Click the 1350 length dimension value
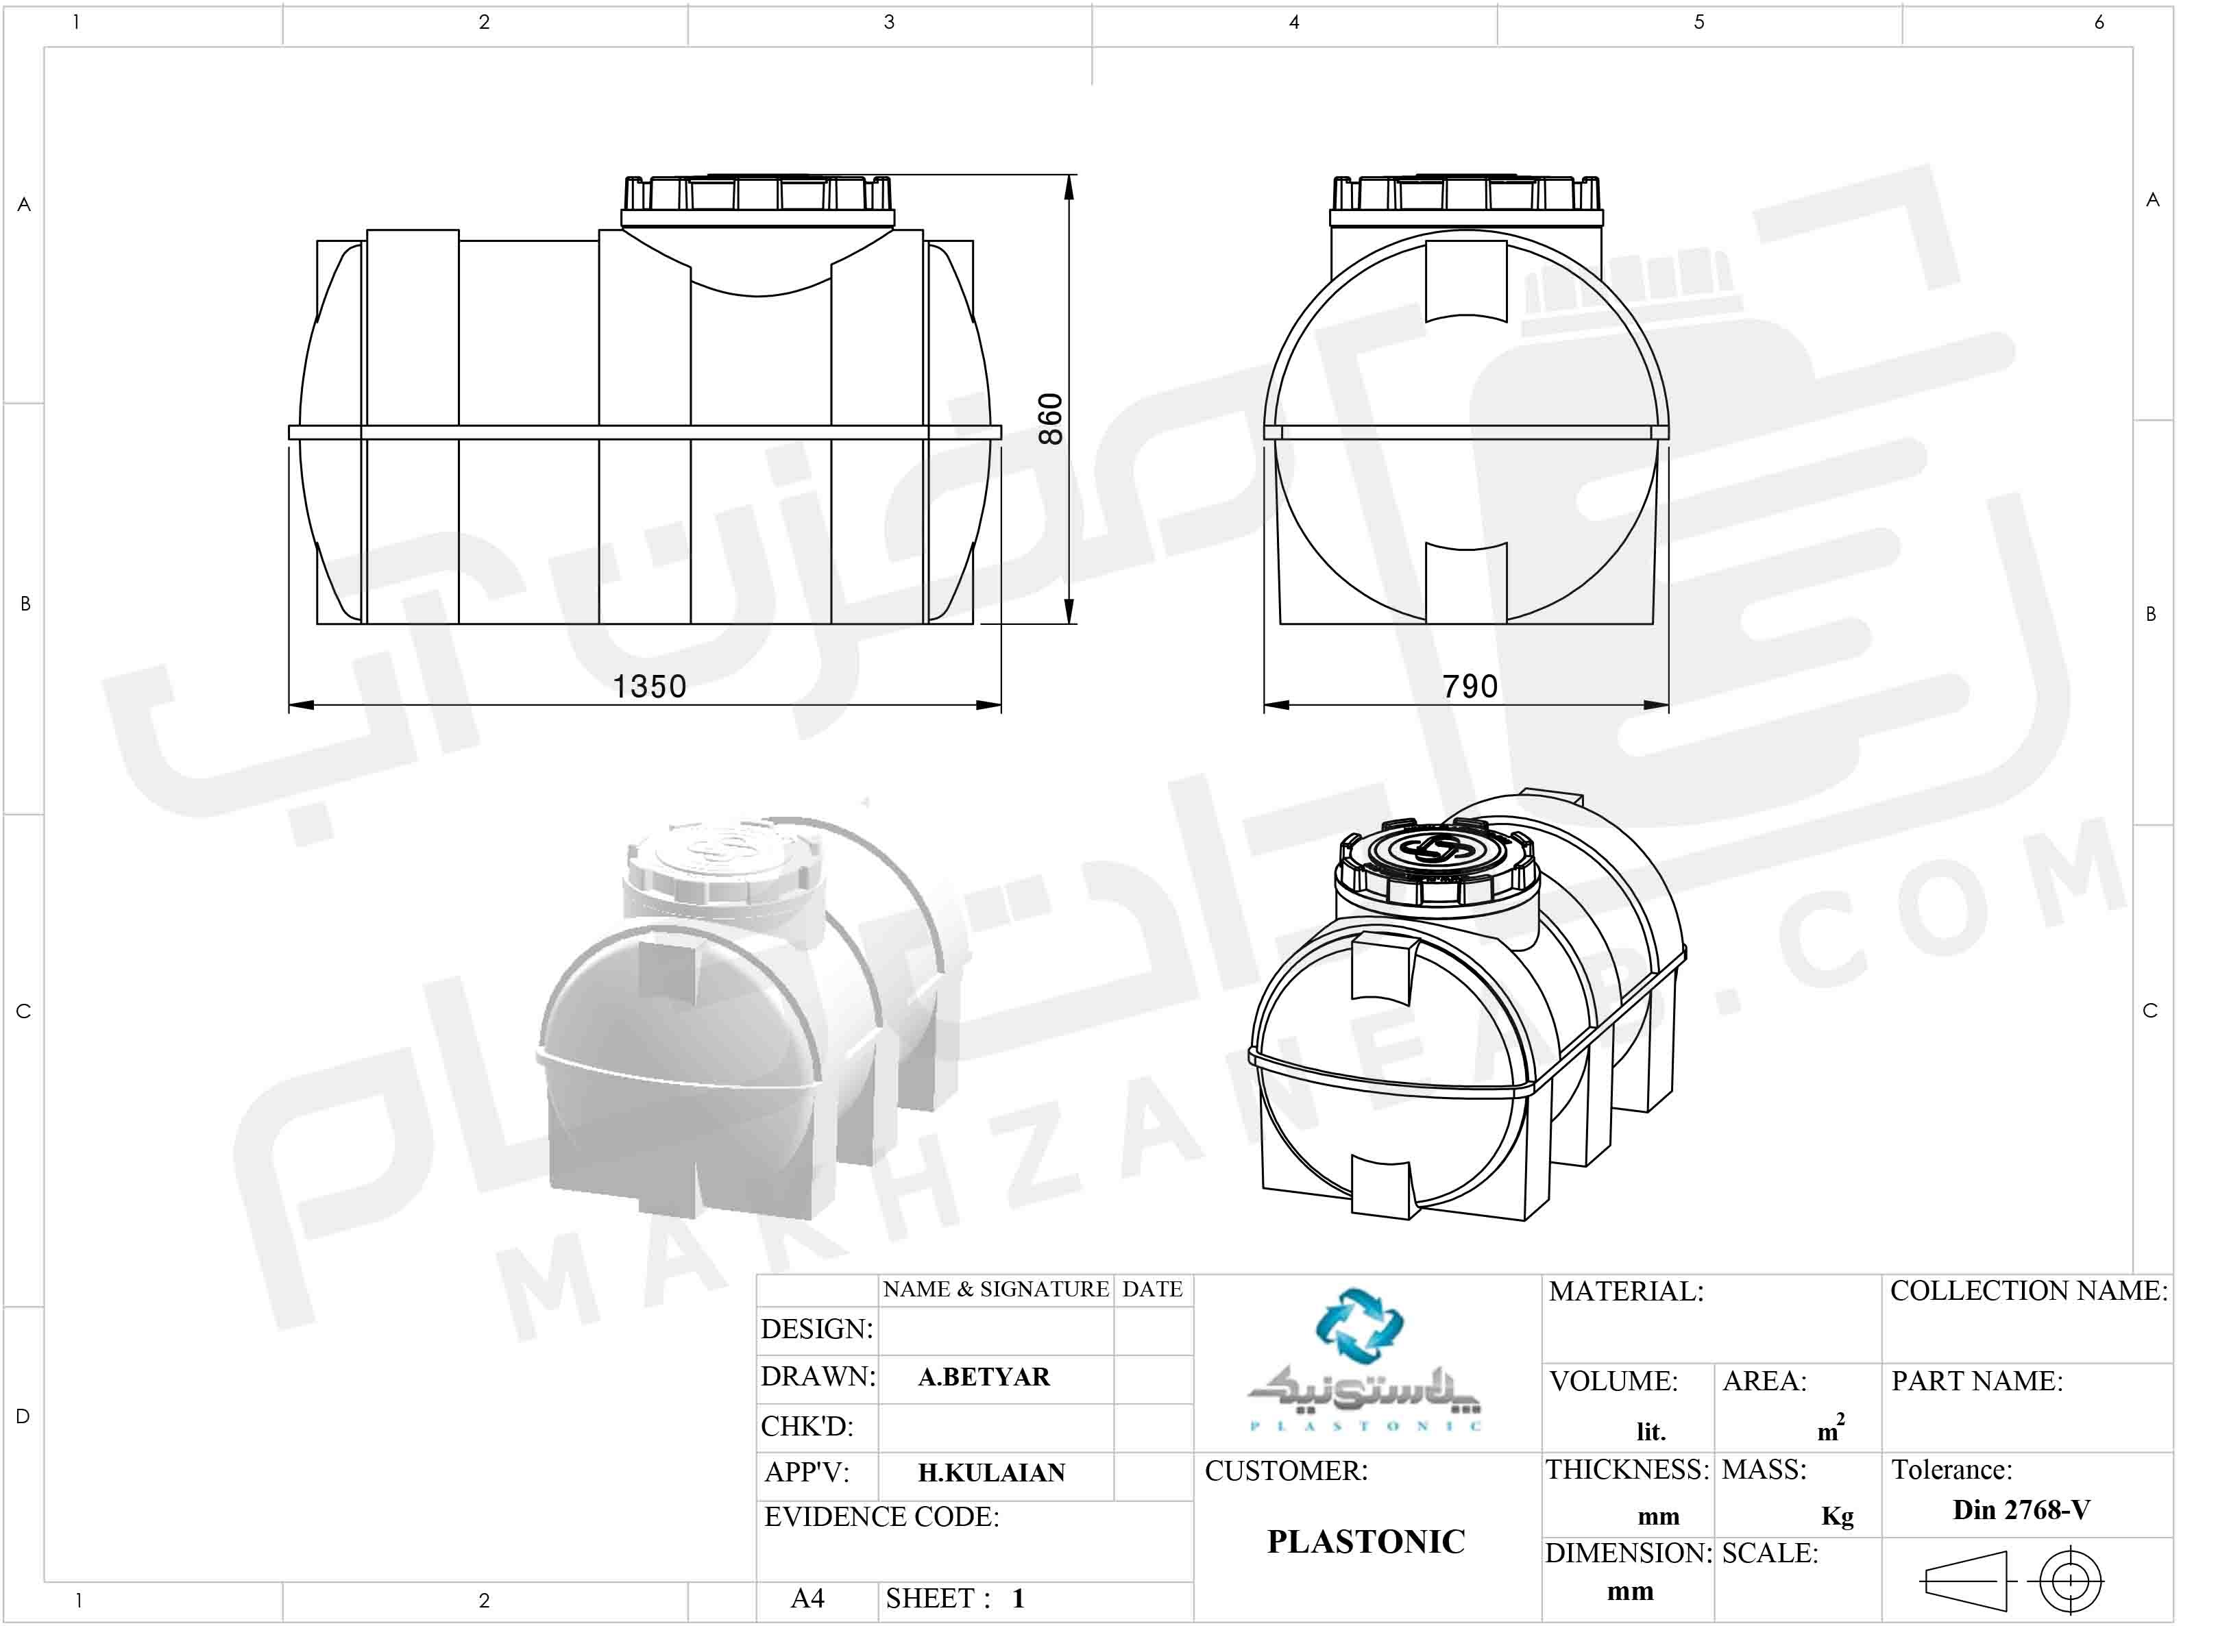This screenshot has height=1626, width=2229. click(x=649, y=686)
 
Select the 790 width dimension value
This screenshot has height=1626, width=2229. click(x=1470, y=686)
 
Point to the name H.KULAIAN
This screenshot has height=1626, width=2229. click(x=991, y=1473)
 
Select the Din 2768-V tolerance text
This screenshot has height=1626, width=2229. click(x=2021, y=1510)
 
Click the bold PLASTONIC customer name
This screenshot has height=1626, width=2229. click(x=1365, y=1541)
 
